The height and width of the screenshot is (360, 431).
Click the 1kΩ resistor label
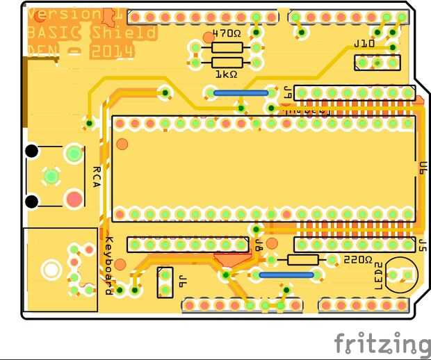(226, 74)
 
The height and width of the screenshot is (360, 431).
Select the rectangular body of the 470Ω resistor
(227, 47)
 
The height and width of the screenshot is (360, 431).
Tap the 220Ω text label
(358, 259)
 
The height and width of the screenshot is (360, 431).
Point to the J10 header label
(364, 44)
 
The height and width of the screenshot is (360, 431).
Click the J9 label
(286, 92)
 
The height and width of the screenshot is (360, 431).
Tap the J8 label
(258, 245)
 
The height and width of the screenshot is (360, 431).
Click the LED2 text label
(379, 276)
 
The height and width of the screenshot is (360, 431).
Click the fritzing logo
(382, 343)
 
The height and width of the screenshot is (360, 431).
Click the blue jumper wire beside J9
(241, 92)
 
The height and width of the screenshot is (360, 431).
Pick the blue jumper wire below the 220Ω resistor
(286, 275)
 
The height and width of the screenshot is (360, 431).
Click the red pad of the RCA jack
(74, 199)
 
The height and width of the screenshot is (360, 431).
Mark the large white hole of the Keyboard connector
(50, 268)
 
